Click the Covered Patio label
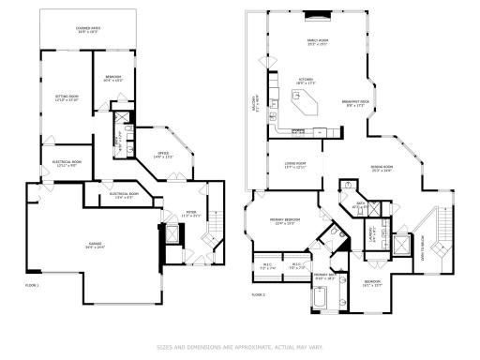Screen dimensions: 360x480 point(87,31)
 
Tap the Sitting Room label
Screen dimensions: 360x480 point(65,98)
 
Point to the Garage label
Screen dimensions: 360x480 point(95,245)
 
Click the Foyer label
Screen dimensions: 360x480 point(190,215)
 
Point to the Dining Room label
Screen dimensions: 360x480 point(382,169)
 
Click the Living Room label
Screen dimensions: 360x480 point(295,166)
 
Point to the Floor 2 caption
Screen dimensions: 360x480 point(259,294)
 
